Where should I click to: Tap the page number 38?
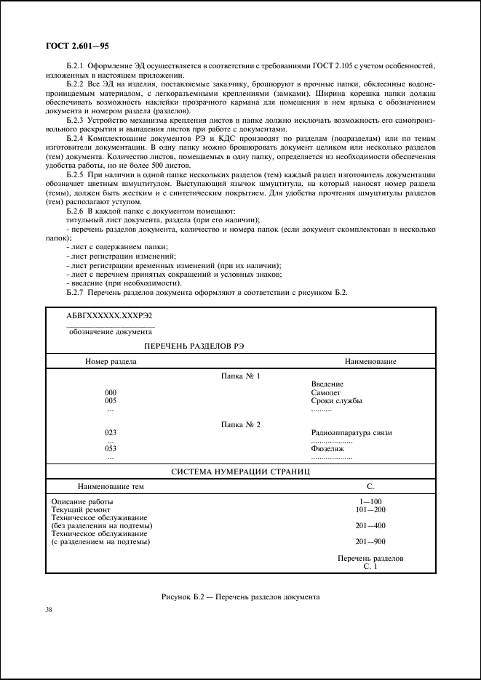coord(49,610)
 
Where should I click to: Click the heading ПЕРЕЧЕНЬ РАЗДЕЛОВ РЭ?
coord(194,346)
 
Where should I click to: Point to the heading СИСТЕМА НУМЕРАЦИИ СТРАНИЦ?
coord(241,471)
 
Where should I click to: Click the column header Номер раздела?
coord(111,362)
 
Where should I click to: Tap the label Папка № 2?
coord(241,424)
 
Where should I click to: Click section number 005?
coord(111,400)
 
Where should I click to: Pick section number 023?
coord(111,432)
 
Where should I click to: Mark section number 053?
coord(111,449)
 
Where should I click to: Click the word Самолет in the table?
coord(325,392)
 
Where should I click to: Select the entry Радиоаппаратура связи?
coord(351,432)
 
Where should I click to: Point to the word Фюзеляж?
coord(327,449)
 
